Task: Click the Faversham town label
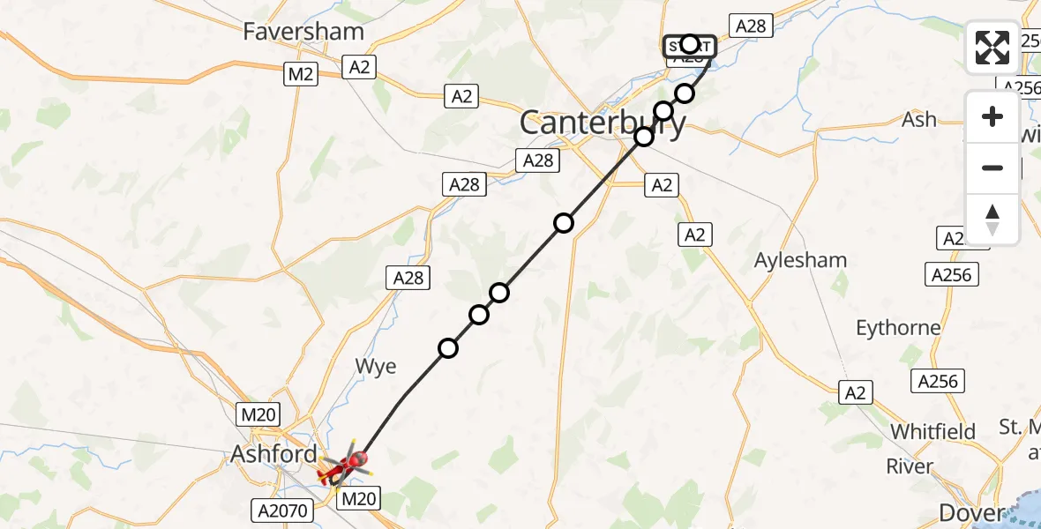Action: click(304, 33)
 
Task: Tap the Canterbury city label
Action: click(603, 123)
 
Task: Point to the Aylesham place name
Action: click(801, 260)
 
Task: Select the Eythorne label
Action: click(898, 328)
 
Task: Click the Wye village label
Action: click(376, 366)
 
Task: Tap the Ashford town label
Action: click(273, 455)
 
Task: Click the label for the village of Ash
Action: click(919, 120)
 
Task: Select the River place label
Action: click(909, 466)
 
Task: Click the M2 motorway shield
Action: click(301, 75)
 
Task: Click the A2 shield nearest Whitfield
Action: click(856, 392)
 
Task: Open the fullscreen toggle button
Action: click(992, 48)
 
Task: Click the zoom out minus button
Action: click(992, 168)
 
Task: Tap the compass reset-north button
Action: click(992, 219)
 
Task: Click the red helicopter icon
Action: click(344, 466)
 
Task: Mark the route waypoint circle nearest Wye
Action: click(448, 348)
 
